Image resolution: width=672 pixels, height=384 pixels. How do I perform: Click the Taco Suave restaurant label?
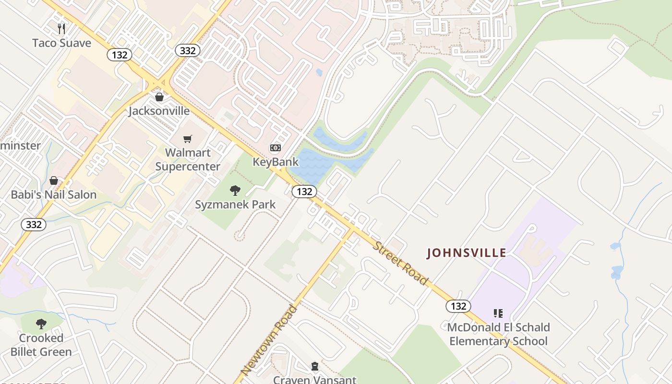[61, 43]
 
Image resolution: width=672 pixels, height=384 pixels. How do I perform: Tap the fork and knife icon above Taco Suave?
[61, 29]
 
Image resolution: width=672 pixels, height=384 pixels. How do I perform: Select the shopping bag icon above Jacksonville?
[159, 97]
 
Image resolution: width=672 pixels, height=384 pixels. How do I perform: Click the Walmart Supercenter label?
[188, 160]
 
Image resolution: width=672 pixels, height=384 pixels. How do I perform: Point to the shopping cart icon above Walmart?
[188, 139]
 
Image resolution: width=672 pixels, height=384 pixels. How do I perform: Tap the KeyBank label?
[276, 162]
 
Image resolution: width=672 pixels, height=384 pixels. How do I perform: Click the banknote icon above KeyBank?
[276, 148]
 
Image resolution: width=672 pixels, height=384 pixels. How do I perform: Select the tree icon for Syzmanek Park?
[235, 191]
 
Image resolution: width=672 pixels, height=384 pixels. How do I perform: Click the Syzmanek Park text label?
[235, 204]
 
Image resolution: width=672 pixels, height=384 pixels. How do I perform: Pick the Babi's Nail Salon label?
[54, 194]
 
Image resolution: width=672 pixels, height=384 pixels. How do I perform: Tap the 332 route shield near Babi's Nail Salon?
[34, 224]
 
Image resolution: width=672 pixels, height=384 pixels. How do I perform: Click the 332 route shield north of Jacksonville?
[187, 50]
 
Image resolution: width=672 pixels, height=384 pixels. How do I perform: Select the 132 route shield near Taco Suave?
[119, 55]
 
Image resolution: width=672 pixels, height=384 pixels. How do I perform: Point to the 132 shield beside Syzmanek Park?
[304, 192]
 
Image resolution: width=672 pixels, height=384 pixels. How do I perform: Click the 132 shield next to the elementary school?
[458, 306]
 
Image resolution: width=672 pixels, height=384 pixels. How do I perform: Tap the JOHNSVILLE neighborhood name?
[466, 253]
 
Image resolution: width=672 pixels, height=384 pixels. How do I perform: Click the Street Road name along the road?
[400, 263]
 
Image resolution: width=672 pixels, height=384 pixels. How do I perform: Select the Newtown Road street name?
[269, 340]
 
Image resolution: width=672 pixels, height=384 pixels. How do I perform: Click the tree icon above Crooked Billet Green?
[41, 324]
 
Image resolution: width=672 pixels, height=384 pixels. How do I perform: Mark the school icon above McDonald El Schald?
[498, 313]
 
